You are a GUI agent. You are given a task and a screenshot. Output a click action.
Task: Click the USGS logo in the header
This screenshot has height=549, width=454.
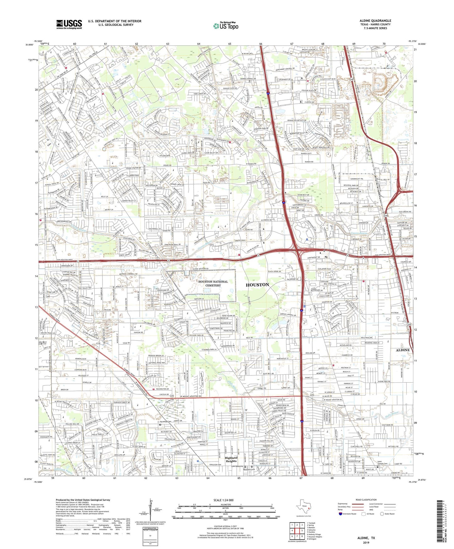point(69,24)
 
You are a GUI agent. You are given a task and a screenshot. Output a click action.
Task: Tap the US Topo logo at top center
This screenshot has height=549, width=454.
point(226,26)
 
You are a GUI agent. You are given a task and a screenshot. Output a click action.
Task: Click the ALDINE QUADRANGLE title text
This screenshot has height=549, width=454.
point(375,21)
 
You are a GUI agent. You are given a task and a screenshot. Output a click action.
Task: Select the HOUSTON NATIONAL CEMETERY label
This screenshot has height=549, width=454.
point(214,283)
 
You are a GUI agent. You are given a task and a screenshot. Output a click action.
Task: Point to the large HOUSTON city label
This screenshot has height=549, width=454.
point(257,285)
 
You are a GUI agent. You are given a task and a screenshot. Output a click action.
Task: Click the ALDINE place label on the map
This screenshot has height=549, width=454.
point(402,350)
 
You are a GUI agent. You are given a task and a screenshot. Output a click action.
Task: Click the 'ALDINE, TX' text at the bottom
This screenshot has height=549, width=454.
point(366,538)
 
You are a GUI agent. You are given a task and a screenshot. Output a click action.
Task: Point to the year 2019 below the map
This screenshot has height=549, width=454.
point(366,542)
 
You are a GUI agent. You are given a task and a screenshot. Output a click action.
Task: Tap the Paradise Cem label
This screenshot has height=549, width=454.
point(165,422)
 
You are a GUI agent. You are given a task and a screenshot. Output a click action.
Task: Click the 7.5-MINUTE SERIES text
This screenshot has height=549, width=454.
point(375,28)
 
